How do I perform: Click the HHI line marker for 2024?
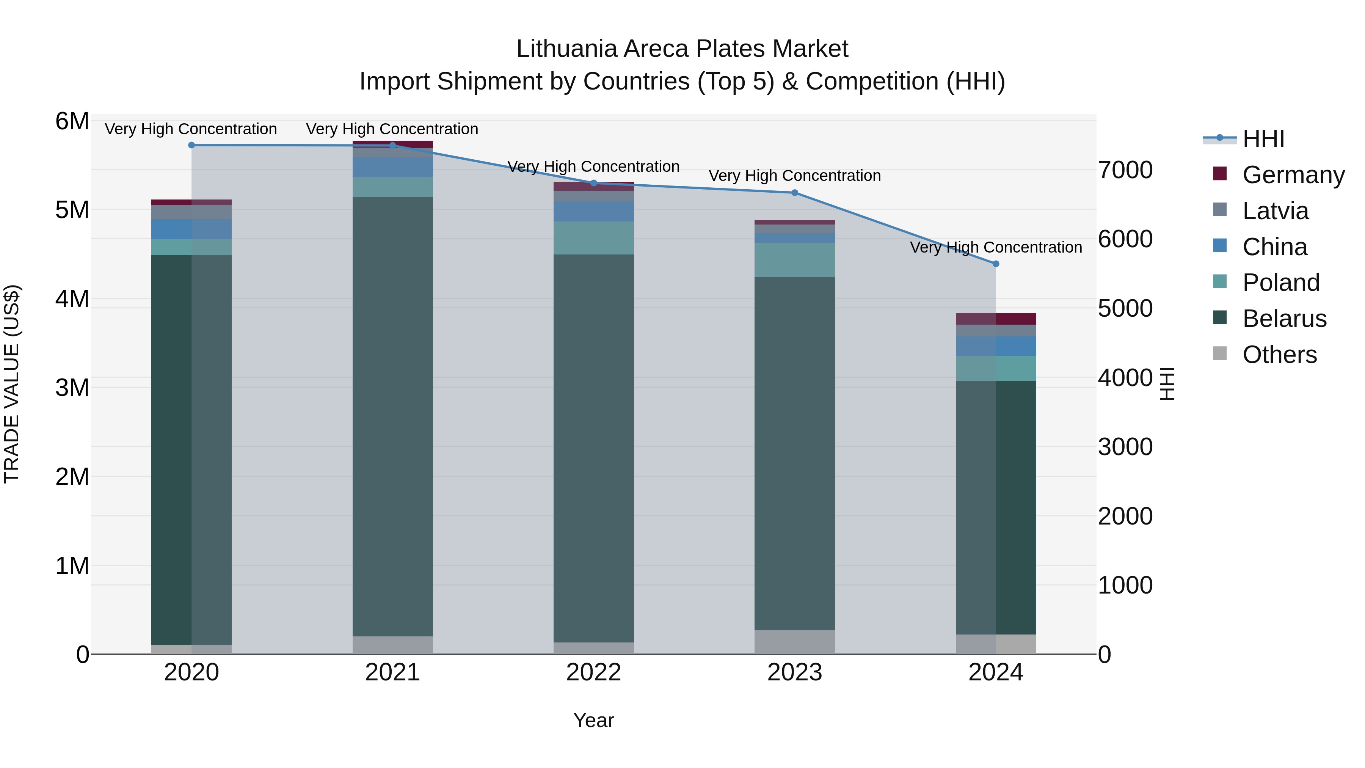click(x=996, y=264)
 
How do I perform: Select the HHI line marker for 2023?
click(x=795, y=193)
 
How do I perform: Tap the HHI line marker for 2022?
click(x=593, y=184)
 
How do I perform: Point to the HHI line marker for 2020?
click(x=191, y=145)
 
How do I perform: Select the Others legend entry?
click(x=1279, y=355)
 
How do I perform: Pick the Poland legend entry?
click(x=1281, y=283)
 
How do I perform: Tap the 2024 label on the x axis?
click(x=996, y=672)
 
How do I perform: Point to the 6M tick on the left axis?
click(x=72, y=121)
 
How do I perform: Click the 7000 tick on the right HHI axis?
click(x=1125, y=170)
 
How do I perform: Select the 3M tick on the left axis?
click(x=72, y=388)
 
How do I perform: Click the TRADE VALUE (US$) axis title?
click(x=12, y=384)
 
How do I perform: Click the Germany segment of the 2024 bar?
click(x=996, y=319)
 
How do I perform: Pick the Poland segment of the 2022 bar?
click(x=593, y=238)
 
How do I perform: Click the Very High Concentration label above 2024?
click(x=996, y=248)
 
